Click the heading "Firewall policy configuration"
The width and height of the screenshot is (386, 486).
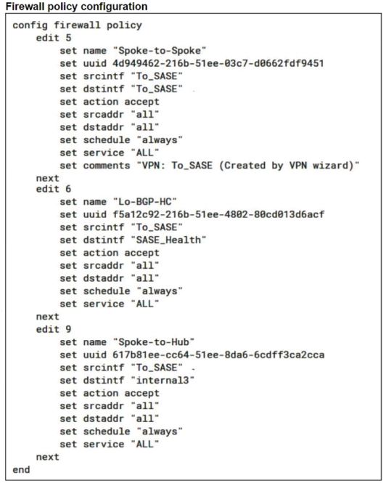(x=76, y=7)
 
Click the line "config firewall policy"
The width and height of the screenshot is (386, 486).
(x=77, y=25)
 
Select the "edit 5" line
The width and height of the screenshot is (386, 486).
(x=54, y=38)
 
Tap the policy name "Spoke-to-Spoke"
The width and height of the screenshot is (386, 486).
(x=160, y=51)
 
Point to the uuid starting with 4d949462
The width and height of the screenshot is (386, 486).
(x=218, y=63)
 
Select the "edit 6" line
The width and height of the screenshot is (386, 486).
(x=54, y=189)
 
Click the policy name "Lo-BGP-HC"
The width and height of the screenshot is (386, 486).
(x=145, y=202)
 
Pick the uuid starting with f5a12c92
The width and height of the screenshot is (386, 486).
(x=218, y=214)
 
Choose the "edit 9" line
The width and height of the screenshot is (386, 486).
(x=54, y=329)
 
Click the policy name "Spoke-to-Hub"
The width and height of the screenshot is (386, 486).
(x=154, y=342)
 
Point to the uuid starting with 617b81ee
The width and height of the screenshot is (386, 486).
(x=218, y=355)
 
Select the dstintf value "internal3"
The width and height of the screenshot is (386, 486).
(x=163, y=380)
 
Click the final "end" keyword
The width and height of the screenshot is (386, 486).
(x=21, y=469)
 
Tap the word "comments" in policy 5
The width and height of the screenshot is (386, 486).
(x=107, y=166)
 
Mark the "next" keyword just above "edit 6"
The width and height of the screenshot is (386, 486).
(x=47, y=178)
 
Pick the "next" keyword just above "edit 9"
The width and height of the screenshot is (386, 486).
(x=47, y=317)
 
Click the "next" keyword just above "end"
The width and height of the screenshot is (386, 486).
(x=47, y=457)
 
